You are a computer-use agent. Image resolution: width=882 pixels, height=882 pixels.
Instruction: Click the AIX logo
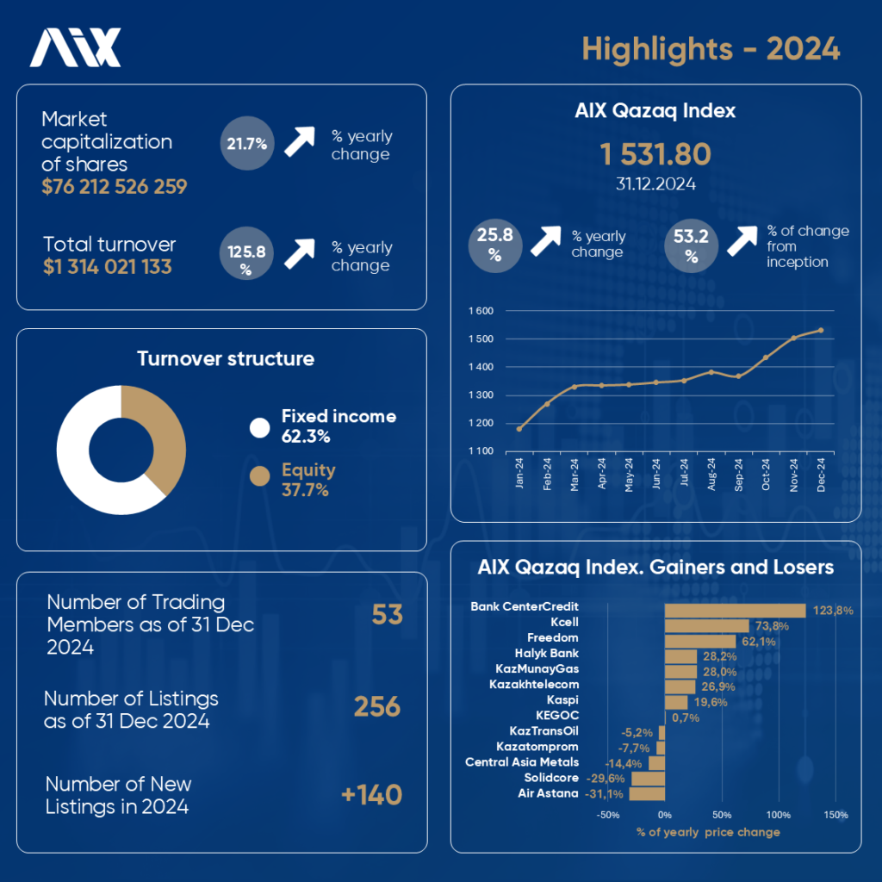point(76,48)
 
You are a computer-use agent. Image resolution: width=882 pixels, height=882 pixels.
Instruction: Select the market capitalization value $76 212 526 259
point(115,186)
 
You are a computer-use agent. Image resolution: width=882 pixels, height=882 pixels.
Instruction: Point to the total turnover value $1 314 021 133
point(108,267)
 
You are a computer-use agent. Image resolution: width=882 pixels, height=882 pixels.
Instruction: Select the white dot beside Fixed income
point(259,427)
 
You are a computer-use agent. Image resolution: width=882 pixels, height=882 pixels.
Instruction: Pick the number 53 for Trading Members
point(387,615)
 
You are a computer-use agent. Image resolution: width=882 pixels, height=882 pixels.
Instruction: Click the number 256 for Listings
point(377,707)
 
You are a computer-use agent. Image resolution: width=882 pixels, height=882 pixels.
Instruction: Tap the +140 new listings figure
point(371,795)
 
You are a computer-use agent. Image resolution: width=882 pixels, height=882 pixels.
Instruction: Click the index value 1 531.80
point(655,155)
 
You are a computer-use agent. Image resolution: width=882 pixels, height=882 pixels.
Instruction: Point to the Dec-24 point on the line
point(821,330)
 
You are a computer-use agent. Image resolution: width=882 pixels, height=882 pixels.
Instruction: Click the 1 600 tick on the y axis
point(481,311)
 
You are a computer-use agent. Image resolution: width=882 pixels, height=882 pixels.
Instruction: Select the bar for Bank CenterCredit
point(735,610)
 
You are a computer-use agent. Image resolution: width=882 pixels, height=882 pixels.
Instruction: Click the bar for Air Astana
point(648,793)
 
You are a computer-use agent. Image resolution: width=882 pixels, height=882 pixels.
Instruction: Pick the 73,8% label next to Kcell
point(771,626)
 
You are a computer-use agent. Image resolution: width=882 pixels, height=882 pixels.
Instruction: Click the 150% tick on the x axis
point(835,815)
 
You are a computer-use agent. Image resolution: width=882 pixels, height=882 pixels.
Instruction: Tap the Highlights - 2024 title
point(711,48)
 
